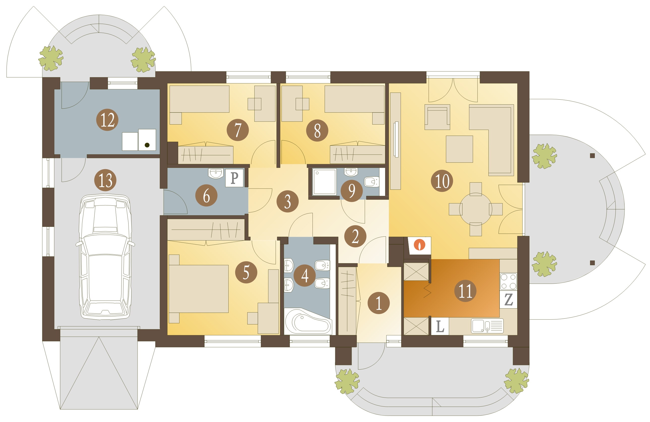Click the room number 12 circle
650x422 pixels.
click(x=107, y=120)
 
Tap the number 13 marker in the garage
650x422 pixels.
click(x=105, y=180)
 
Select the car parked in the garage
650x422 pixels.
click(x=105, y=257)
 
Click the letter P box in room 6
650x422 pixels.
click(x=234, y=178)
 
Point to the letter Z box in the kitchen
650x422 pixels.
click(x=508, y=300)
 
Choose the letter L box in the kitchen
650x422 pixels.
click(x=440, y=326)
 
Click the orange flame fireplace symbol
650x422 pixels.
click(x=419, y=245)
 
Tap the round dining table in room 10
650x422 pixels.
click(x=476, y=209)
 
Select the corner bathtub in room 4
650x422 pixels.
click(x=308, y=321)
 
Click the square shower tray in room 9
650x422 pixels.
click(x=325, y=182)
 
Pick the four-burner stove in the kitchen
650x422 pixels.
click(x=508, y=282)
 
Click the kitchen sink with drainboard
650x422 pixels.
click(x=487, y=326)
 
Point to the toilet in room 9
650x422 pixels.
click(x=372, y=182)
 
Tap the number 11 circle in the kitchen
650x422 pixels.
click(x=465, y=291)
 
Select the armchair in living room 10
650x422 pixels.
click(x=437, y=117)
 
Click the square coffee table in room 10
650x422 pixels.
click(x=459, y=149)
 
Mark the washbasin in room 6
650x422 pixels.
click(x=216, y=173)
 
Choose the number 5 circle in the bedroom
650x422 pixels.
click(x=246, y=272)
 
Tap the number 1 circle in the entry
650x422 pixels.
click(x=379, y=303)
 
